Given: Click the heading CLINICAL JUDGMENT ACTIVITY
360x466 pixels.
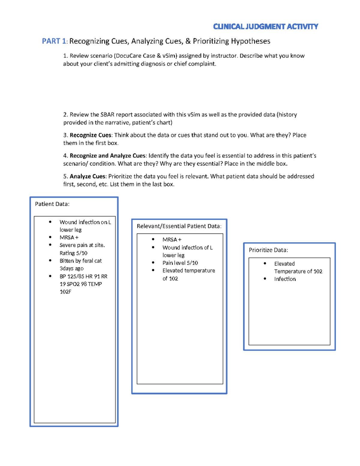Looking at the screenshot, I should click(x=265, y=27).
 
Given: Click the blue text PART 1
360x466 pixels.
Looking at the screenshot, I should click(x=54, y=41).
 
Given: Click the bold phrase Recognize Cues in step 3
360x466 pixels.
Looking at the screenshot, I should click(x=90, y=135).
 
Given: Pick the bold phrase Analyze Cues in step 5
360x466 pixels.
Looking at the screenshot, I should click(x=87, y=176).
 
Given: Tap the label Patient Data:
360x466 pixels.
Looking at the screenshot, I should click(x=52, y=204).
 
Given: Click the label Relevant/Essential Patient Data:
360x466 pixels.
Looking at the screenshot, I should click(x=179, y=226).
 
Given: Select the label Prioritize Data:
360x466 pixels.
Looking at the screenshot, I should click(x=268, y=250).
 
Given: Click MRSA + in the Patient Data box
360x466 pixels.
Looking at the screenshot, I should click(x=69, y=237).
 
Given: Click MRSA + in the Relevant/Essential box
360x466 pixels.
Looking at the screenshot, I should click(x=172, y=239).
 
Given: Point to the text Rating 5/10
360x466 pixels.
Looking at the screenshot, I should click(x=73, y=253).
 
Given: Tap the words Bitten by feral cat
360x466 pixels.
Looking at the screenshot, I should click(x=80, y=261).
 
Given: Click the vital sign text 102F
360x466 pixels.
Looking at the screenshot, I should click(x=65, y=292).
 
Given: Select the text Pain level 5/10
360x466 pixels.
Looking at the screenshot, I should click(x=180, y=263).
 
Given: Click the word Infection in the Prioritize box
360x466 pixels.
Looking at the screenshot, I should click(x=285, y=279).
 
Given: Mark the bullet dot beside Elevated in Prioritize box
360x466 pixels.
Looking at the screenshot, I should click(x=265, y=263).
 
